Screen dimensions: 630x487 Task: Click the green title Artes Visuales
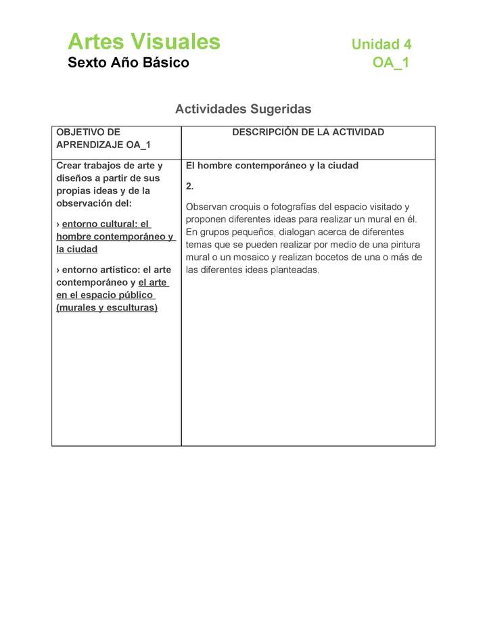pos(144,42)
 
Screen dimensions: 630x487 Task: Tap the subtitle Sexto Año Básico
pos(129,64)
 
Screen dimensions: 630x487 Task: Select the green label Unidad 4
pos(381,45)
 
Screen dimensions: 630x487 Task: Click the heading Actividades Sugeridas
pos(243,109)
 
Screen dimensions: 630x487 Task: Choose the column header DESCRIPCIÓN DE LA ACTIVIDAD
pos(308,132)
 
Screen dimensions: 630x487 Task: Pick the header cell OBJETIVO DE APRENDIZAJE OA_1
pos(103,139)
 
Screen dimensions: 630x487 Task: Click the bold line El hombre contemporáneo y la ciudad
pos(272,166)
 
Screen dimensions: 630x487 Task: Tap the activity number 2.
pos(190,186)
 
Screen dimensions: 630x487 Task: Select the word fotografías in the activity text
pos(301,208)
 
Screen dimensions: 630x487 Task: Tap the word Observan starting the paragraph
pos(206,208)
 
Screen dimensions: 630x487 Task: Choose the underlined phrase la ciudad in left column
pos(77,249)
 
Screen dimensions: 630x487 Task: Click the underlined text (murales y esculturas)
pos(107,308)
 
